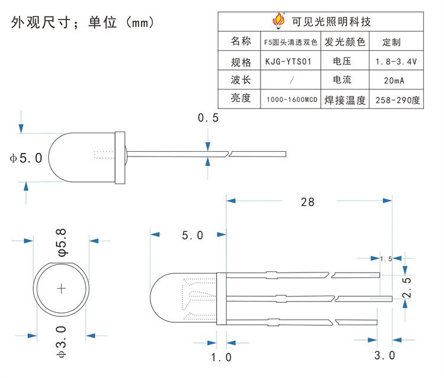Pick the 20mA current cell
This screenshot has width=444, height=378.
pyautogui.click(x=395, y=81)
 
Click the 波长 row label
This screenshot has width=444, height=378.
pyautogui.click(x=241, y=79)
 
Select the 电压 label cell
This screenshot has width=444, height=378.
pyautogui.click(x=343, y=60)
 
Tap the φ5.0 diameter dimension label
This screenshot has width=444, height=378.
pyautogui.click(x=25, y=158)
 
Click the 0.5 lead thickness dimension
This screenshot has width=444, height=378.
pyautogui.click(x=208, y=118)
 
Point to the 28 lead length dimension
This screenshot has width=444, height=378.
pyautogui.click(x=307, y=202)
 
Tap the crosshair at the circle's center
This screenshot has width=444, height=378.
pyautogui.click(x=62, y=289)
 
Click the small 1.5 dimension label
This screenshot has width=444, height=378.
pyautogui.click(x=386, y=258)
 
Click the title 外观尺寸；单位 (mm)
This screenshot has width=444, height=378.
pyautogui.click(x=82, y=23)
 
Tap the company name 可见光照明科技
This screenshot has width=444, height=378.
pyautogui.click(x=332, y=22)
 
